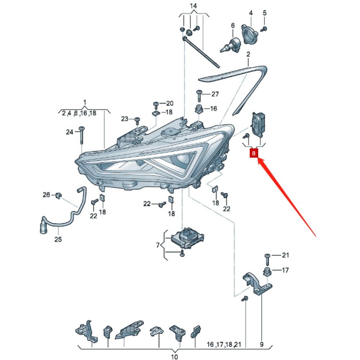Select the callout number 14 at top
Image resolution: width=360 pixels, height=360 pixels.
tap(194, 6)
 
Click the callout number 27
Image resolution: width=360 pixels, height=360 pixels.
tap(215, 94)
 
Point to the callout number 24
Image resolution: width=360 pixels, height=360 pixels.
tap(69, 132)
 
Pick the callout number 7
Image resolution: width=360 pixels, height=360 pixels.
tap(158, 246)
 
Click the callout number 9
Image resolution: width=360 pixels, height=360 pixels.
tap(262, 345)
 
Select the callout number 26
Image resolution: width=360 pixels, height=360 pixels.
tap(46, 195)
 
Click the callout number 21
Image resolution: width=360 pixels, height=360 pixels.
tap(285, 256)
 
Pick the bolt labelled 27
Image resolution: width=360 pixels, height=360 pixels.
tap(199, 95)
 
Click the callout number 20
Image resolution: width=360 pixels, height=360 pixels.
tap(169, 103)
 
